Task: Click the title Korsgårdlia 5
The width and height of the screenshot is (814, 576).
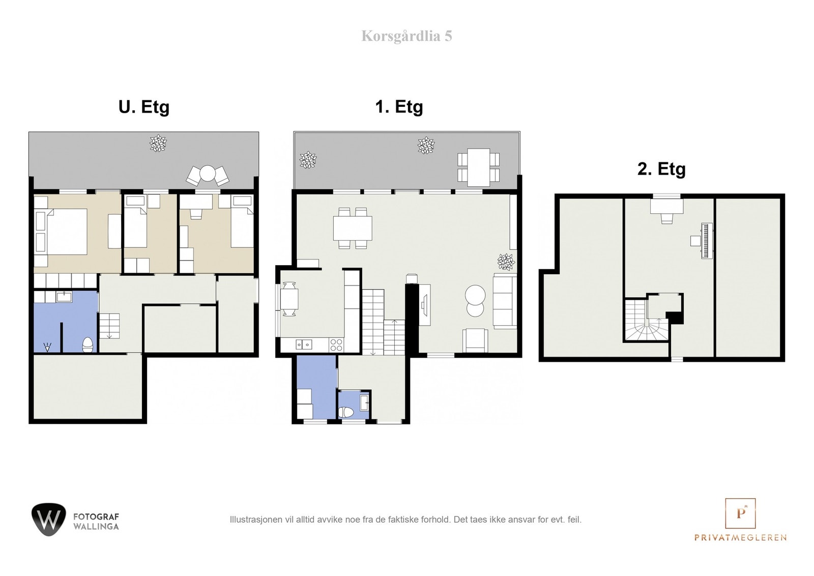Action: coord(406,36)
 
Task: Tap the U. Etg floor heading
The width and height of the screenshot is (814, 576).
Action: coord(144,107)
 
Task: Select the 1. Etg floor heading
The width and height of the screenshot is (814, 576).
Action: coord(399,107)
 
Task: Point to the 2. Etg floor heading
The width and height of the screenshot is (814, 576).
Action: coord(661,169)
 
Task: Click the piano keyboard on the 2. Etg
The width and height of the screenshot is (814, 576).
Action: coord(707,241)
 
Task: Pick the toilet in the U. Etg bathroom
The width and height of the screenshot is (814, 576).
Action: coord(88,344)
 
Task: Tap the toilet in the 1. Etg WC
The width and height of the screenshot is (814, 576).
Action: coord(345,413)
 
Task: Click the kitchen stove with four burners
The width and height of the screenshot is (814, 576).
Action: coord(336,344)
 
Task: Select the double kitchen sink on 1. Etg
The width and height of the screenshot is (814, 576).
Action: coord(303,344)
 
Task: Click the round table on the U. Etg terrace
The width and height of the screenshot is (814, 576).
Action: coord(208,174)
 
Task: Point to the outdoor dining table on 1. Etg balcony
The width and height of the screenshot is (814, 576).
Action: coord(478,167)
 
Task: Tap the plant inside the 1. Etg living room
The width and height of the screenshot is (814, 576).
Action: coord(506,262)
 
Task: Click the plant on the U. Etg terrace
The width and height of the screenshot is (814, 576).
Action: coord(158,143)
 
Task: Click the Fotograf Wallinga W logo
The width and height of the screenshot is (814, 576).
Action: coord(49,520)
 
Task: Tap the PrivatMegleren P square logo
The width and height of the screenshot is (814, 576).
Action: coord(740,513)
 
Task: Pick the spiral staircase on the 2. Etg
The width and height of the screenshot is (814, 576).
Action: coord(646,320)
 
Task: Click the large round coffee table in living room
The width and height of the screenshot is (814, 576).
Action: coord(475,295)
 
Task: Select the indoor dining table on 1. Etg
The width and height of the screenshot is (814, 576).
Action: coord(353,228)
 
